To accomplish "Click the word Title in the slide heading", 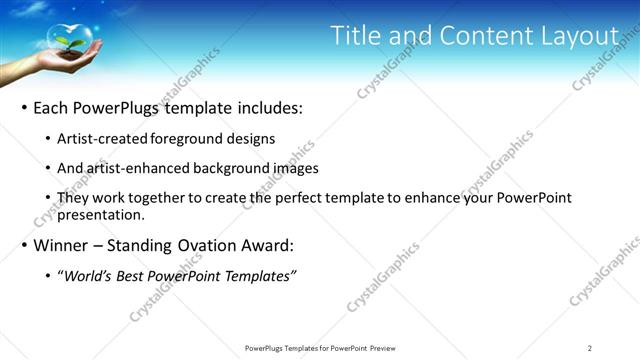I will coord(356,36).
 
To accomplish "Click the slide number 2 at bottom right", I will coord(590,348).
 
